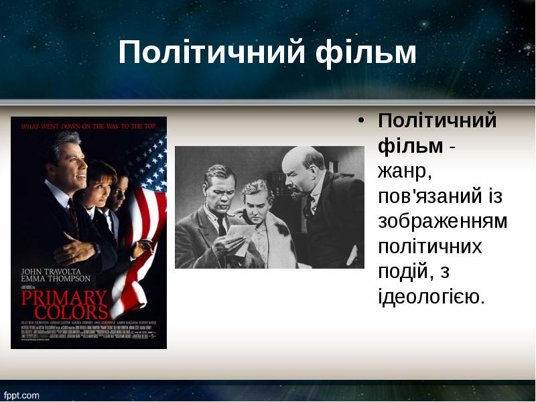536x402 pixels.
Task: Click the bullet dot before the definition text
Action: coord(361,121)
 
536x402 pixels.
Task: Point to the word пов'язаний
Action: coord(429,196)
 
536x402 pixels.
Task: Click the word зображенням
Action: coord(442,221)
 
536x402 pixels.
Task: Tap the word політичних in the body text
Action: coord(429,246)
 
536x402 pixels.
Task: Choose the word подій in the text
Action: coord(401,271)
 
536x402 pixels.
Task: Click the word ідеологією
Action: coord(431,296)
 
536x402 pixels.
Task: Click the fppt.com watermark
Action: coord(21,395)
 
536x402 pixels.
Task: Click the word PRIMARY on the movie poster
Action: coord(64,297)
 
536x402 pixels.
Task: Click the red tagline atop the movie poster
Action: coord(88,125)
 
